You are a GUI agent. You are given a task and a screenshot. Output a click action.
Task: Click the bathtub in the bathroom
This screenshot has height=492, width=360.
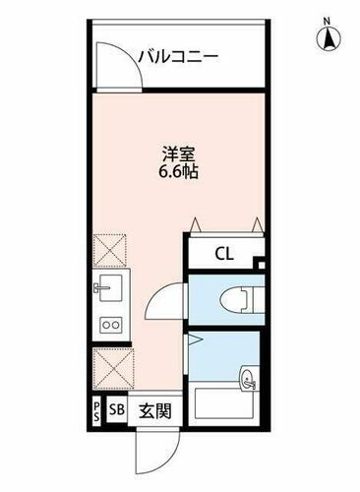coord(225,406)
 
